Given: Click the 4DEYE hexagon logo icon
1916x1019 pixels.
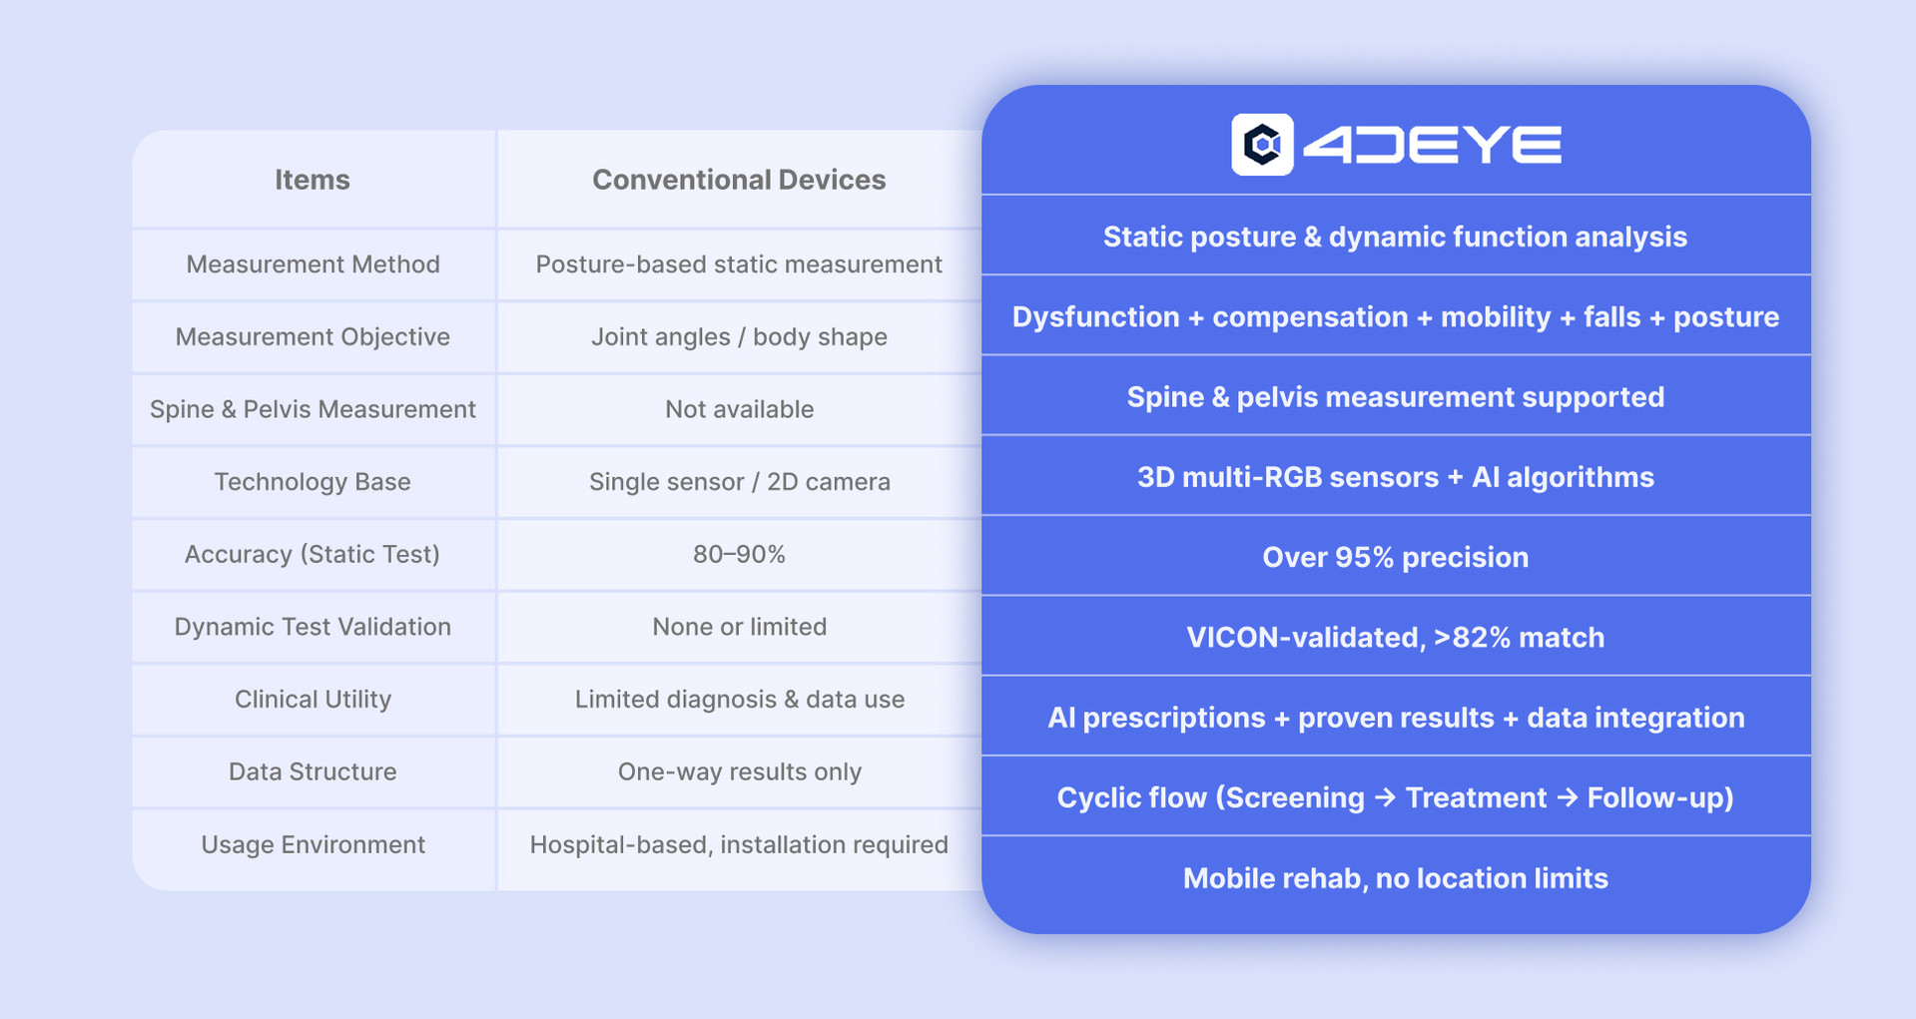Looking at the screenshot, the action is coord(1262,145).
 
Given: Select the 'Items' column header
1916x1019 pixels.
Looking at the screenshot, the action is coord(313,180).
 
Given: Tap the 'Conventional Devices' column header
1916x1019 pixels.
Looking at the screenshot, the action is coord(739,180).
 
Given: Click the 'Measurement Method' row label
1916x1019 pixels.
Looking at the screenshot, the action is coord(313,264).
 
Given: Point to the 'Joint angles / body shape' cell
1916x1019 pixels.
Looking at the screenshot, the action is coord(739,337).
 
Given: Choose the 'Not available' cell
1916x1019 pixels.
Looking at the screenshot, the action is coord(739,409).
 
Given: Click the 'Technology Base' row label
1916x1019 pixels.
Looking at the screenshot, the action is coord(313,482).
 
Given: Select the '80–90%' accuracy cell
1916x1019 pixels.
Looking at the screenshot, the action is coord(739,554).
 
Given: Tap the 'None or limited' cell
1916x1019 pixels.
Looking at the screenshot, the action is coord(739,627).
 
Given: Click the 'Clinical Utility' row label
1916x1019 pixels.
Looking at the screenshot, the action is coord(313,700).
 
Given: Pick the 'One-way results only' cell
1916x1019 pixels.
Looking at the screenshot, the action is coord(739,772).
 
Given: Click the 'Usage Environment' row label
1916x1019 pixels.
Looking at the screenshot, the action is coord(313,844).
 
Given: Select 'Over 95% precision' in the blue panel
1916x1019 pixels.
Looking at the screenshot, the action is coord(1395,557).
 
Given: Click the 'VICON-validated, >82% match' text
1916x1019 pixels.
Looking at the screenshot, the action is coord(1395,638).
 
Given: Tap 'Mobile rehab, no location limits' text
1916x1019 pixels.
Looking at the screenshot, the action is coord(1395,878).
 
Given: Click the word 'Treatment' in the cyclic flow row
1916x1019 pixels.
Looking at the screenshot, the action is coord(1476,798).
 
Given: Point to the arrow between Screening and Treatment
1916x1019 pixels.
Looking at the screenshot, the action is coord(1385,798).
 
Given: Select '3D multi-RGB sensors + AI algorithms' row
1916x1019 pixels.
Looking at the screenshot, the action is coord(1395,477).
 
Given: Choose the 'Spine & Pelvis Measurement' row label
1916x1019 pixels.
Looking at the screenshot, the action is coord(313,409).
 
